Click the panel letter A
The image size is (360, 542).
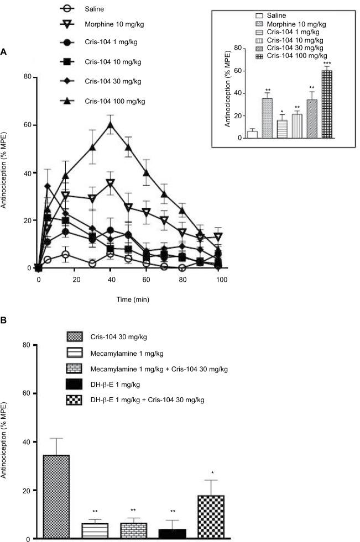tap(4, 51)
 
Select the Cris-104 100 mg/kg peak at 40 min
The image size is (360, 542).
tap(111, 124)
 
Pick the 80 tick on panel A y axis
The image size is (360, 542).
tap(26, 77)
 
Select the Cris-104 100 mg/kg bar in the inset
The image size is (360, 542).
tap(327, 104)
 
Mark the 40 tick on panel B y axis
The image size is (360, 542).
tap(26, 442)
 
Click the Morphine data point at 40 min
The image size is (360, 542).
tap(111, 182)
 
